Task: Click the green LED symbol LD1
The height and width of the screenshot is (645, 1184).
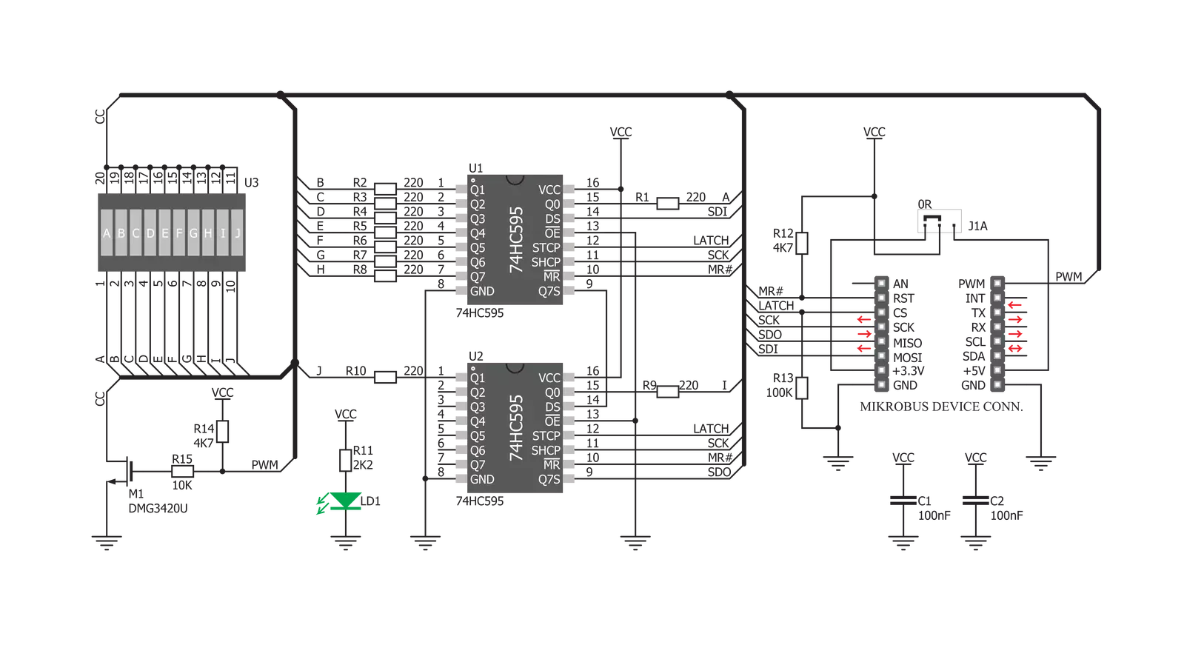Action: point(346,501)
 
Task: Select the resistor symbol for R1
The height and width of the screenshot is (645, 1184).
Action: point(668,204)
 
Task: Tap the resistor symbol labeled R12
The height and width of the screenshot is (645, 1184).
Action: point(802,243)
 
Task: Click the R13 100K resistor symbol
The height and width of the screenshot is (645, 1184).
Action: point(802,388)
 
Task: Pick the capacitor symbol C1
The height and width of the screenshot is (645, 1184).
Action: point(903,500)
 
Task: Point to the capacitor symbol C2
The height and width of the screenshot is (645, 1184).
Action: point(976,500)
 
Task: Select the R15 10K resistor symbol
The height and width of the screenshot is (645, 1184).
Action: point(182,471)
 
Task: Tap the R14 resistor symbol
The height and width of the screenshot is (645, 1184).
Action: point(223,432)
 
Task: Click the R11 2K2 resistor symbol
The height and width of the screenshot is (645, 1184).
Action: point(346,461)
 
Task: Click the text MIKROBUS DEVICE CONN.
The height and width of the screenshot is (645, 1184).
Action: point(941,407)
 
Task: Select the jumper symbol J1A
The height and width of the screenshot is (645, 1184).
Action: point(939,221)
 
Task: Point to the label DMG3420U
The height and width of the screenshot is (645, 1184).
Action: point(158,509)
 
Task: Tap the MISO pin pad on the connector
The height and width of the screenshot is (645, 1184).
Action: point(882,341)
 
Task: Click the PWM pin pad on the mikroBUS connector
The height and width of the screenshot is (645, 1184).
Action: point(997,284)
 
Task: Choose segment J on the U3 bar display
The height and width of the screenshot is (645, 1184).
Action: point(238,233)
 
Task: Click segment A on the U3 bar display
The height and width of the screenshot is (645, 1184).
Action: point(107,233)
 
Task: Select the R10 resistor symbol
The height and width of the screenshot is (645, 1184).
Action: point(385,377)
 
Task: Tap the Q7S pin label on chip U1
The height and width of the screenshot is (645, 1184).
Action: point(549,291)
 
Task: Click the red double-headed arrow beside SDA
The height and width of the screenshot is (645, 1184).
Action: point(1015,348)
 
